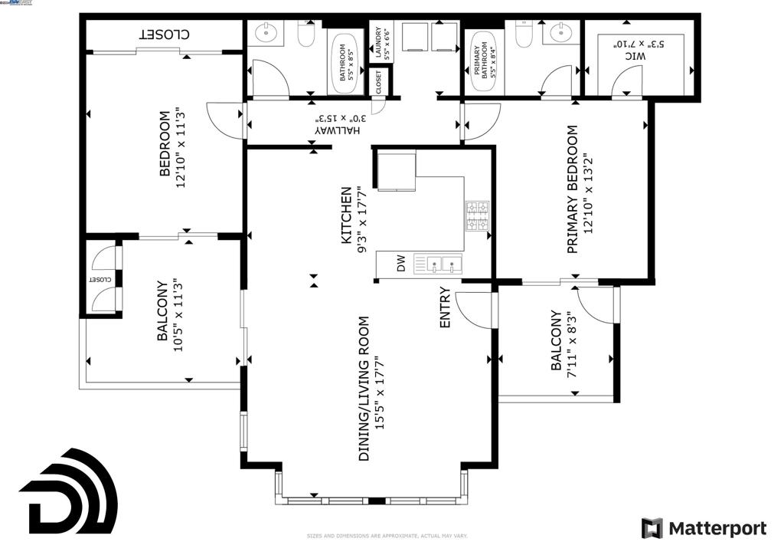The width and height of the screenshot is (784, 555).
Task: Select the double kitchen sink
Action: (438, 264)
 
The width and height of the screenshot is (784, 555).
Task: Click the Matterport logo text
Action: (717, 528)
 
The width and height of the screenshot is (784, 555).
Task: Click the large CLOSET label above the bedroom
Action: (164, 34)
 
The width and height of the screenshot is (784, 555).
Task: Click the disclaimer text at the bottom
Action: (387, 536)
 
